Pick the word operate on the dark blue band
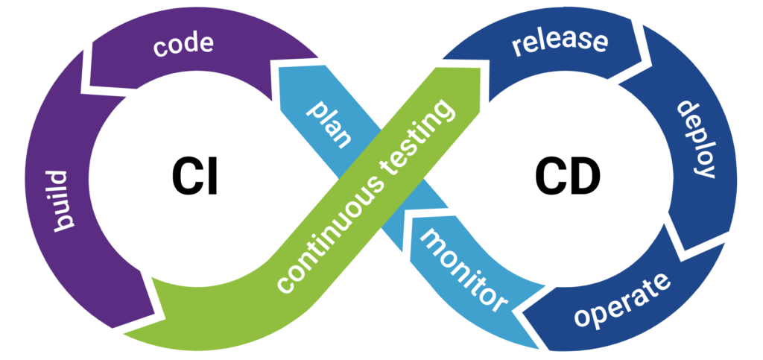[x=623, y=302]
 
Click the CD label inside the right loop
[x=567, y=177]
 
